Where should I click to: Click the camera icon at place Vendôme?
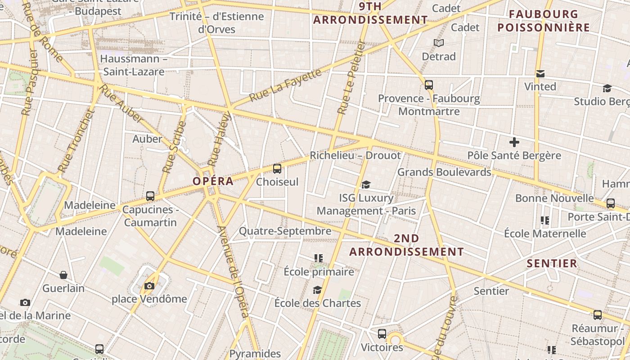(149, 286)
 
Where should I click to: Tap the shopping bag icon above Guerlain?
(63, 274)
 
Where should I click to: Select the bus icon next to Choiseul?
(277, 169)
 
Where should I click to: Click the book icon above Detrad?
(439, 43)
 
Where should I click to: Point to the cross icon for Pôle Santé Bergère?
(514, 143)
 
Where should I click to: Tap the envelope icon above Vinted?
(540, 73)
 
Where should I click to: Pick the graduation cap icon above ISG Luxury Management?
(366, 184)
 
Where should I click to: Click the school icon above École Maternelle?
(545, 220)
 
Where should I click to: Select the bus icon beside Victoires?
(382, 333)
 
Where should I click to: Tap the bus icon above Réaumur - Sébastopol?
(598, 315)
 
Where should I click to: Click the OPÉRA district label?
(213, 181)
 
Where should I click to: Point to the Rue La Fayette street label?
(285, 85)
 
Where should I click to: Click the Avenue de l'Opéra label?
(233, 272)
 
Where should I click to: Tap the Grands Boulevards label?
(444, 172)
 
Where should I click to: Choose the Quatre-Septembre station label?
(285, 231)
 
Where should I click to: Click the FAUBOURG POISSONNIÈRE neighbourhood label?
(544, 21)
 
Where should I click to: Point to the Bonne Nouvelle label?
(554, 198)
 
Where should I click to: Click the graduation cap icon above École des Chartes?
(318, 290)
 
